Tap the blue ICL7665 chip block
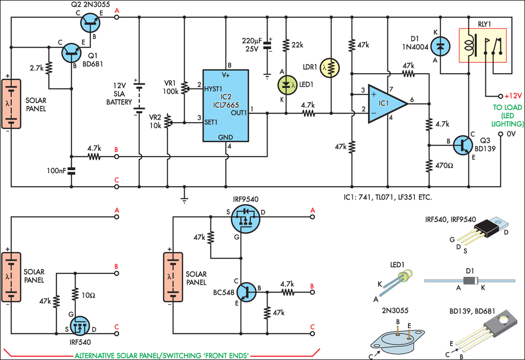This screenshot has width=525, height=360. click(x=225, y=105)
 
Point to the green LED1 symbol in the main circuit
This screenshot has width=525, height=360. click(x=286, y=85)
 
